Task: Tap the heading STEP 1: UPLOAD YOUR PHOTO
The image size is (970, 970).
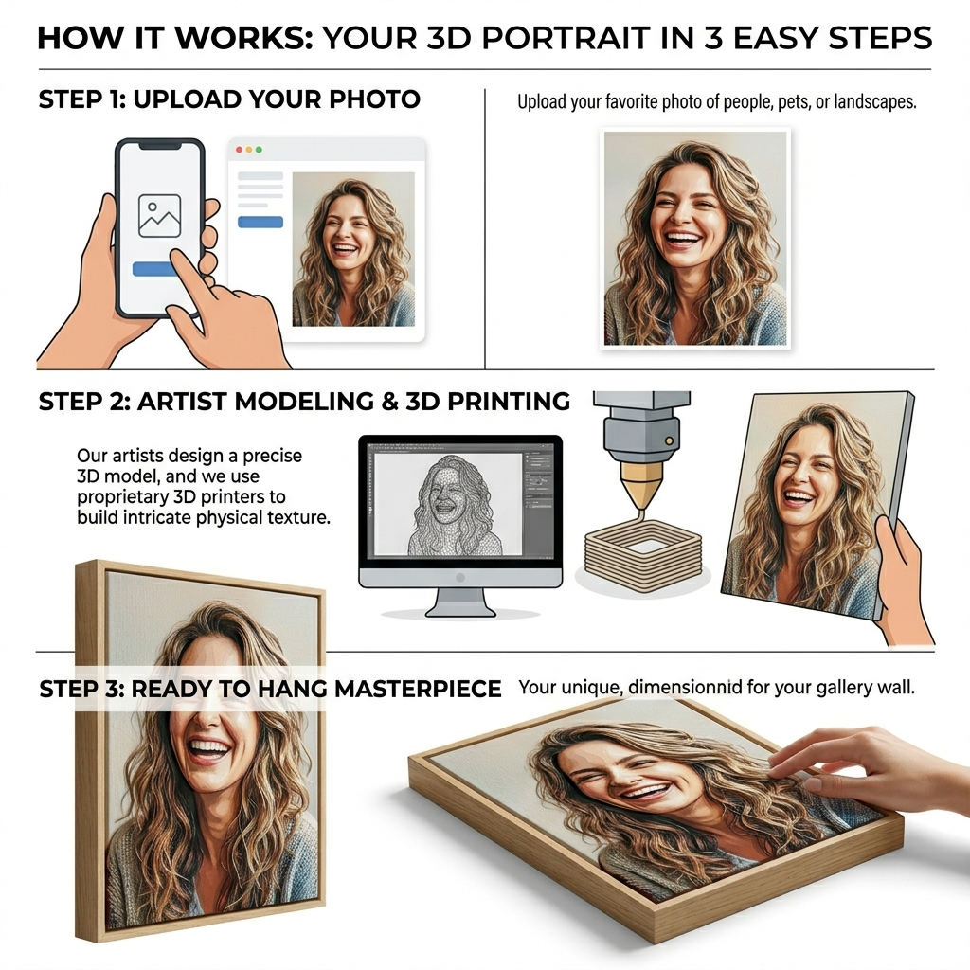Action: (x=229, y=99)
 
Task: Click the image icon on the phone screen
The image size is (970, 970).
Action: (x=159, y=216)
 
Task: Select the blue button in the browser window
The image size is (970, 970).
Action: (x=260, y=222)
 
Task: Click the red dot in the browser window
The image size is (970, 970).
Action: (x=240, y=150)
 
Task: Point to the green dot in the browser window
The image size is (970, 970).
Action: (x=259, y=150)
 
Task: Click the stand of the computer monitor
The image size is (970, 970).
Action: (x=460, y=602)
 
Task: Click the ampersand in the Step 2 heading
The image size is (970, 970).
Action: (x=389, y=402)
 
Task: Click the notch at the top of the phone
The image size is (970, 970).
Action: (x=160, y=146)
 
